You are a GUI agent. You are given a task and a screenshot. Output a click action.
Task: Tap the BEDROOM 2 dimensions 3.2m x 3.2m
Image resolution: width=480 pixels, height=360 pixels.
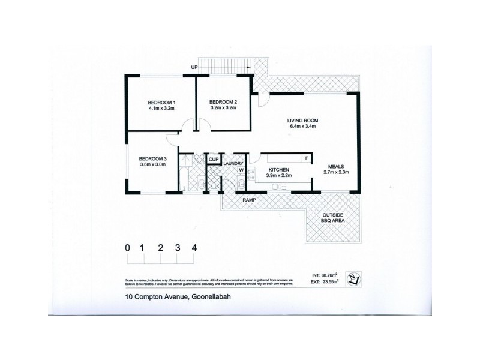(223, 108)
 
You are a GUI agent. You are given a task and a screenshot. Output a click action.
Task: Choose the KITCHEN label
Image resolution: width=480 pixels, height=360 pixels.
(279, 170)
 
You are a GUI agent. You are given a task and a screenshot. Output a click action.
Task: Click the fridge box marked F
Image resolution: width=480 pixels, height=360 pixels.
(307, 158)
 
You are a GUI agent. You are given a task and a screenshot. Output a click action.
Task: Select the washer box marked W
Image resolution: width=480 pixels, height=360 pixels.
(241, 170)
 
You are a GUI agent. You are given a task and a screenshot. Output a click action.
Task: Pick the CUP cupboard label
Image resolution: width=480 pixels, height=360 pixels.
(213, 160)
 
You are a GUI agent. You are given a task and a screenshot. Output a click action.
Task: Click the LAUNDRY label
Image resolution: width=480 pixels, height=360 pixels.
(232, 163)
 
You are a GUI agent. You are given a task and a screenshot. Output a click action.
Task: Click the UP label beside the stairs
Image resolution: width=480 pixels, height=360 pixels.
(194, 67)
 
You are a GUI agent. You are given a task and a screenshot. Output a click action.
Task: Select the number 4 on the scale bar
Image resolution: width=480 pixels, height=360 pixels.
(194, 247)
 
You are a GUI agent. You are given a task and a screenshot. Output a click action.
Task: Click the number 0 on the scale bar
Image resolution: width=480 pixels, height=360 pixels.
(128, 247)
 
